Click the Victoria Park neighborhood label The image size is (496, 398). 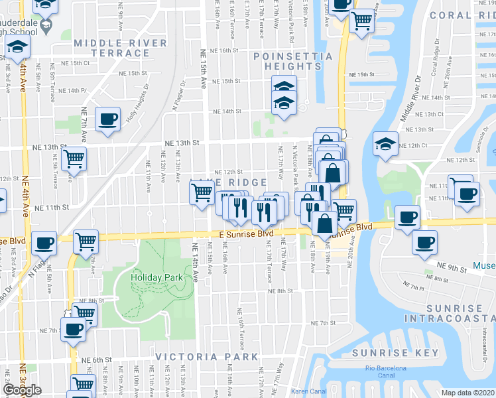tap(206, 357)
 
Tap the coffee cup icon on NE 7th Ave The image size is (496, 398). tap(107, 119)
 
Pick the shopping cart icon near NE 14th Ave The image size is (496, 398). tap(202, 192)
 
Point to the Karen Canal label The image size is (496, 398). tap(309, 392)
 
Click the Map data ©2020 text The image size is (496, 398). tap(468, 393)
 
